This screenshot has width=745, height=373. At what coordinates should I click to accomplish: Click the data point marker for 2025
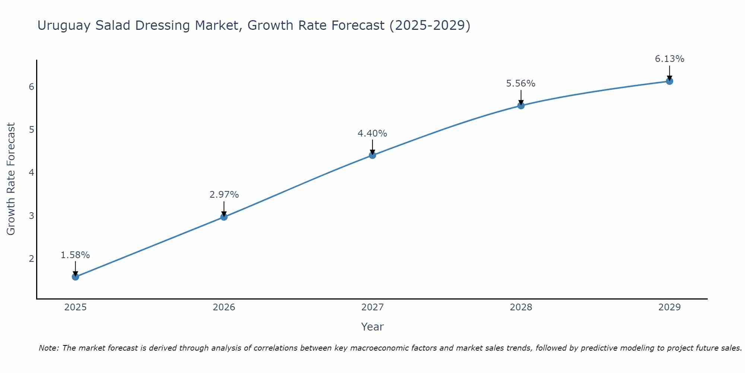75,277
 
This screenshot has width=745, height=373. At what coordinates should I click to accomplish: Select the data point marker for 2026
224,217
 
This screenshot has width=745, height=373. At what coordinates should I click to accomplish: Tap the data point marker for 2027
372,155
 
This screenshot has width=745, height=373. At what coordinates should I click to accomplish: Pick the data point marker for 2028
521,106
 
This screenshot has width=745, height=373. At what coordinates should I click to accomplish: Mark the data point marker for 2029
669,81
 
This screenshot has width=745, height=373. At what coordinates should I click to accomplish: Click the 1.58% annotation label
75,255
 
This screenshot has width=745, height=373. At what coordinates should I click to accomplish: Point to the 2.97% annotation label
224,195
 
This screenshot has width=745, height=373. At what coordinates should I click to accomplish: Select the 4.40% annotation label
372,134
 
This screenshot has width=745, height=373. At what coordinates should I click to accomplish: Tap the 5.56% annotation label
521,84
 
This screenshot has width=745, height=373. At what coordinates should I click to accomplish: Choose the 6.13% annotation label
669,59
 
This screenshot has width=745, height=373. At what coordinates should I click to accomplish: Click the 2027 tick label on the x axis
372,307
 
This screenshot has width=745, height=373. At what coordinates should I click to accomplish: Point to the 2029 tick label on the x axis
669,307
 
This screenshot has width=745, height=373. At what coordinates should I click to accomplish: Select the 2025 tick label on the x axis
75,307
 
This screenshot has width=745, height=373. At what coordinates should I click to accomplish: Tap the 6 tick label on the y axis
31,87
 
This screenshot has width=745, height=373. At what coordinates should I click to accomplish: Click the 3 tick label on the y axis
31,216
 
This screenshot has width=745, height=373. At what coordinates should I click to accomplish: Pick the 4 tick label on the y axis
31,173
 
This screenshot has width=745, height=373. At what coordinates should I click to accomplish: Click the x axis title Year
372,327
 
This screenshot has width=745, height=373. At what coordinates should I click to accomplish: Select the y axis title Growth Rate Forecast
11,179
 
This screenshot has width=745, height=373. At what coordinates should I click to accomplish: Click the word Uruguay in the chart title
64,26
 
